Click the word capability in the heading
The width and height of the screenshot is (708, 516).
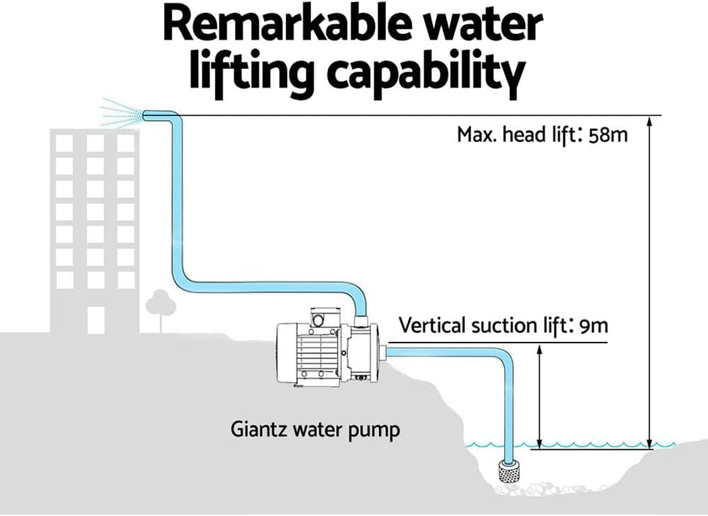(427, 72)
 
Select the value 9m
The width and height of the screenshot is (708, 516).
(594, 325)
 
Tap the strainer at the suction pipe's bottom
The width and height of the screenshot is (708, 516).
(509, 473)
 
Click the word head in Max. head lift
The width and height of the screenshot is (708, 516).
(529, 135)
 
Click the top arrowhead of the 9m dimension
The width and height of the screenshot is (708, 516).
(540, 348)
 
